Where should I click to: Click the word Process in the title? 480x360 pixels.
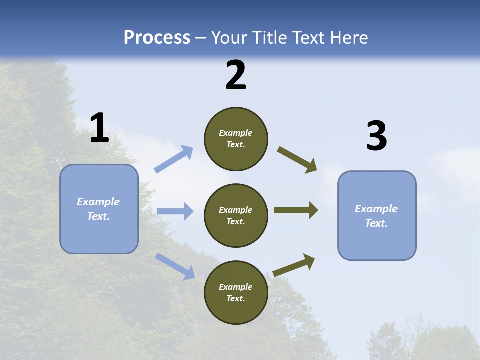pyautogui.click(x=157, y=38)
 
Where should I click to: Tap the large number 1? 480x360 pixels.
pyautogui.click(x=99, y=128)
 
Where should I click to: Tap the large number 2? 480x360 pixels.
pyautogui.click(x=236, y=75)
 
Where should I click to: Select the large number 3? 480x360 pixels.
pyautogui.click(x=376, y=136)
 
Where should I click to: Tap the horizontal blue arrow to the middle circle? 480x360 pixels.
pyautogui.click(x=175, y=211)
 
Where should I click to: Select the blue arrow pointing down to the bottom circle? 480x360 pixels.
pyautogui.click(x=175, y=266)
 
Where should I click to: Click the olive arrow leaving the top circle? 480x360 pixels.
pyautogui.click(x=297, y=159)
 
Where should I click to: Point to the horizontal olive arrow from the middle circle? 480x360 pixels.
pyautogui.click(x=295, y=210)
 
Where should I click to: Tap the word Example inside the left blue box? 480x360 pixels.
pyautogui.click(x=98, y=202)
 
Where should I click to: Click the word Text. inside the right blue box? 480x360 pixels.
pyautogui.click(x=376, y=223)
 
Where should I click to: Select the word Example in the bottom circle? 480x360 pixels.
pyautogui.click(x=235, y=287)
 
